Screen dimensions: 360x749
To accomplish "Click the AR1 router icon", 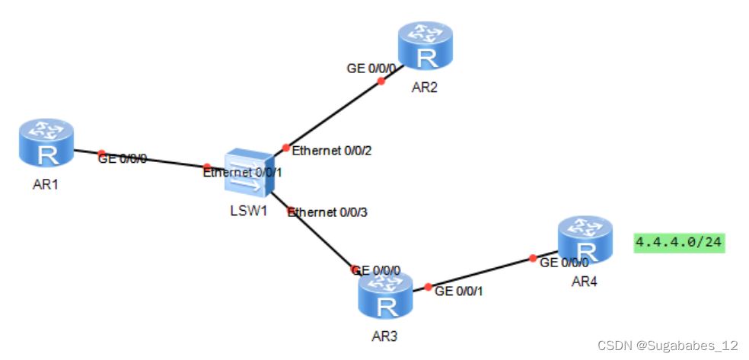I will (x=46, y=144).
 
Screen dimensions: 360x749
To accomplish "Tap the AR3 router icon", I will (x=384, y=295).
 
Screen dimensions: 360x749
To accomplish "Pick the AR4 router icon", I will (x=583, y=241).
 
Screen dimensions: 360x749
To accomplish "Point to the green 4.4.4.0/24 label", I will (x=679, y=243).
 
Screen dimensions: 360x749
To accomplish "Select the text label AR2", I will (x=424, y=88).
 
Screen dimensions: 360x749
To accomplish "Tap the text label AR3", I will (x=385, y=335).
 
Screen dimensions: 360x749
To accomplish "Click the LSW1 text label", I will (x=247, y=210).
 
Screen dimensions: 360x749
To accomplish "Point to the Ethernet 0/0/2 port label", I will (x=331, y=150).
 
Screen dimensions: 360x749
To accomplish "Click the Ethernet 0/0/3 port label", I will (x=327, y=212).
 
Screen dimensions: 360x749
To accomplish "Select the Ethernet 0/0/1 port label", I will (x=242, y=173).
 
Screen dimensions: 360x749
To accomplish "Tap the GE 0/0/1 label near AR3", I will (x=460, y=291).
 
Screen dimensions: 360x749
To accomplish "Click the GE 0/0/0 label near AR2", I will (x=371, y=68).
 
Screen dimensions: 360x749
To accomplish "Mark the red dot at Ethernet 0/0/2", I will (x=285, y=148).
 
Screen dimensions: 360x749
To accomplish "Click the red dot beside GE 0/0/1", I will (x=429, y=288).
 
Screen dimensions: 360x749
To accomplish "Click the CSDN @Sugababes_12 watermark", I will (x=668, y=346).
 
